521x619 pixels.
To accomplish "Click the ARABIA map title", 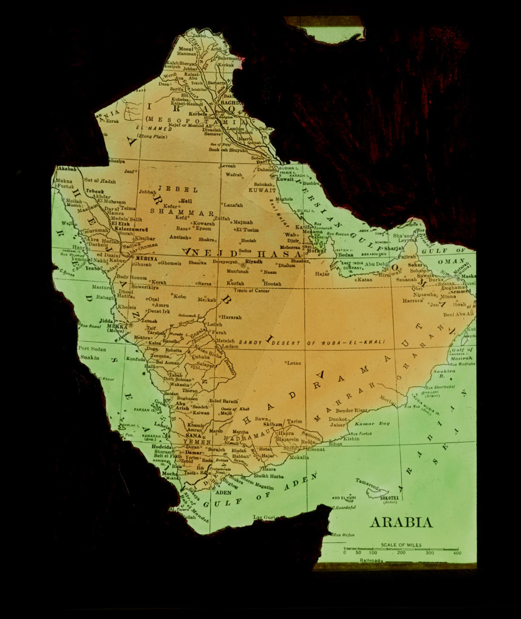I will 401,522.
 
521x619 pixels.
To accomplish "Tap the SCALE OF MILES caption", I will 400,545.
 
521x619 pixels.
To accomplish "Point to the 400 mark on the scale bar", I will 457,553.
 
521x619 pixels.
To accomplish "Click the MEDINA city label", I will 146,259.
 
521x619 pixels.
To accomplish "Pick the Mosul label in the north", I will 186,49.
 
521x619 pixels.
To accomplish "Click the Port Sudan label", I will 92,349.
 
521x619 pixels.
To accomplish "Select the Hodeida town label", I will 162,446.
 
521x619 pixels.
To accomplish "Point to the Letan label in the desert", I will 294,363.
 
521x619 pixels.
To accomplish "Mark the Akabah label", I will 67,169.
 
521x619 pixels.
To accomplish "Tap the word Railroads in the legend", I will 371,560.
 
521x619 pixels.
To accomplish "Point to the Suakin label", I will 90,358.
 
